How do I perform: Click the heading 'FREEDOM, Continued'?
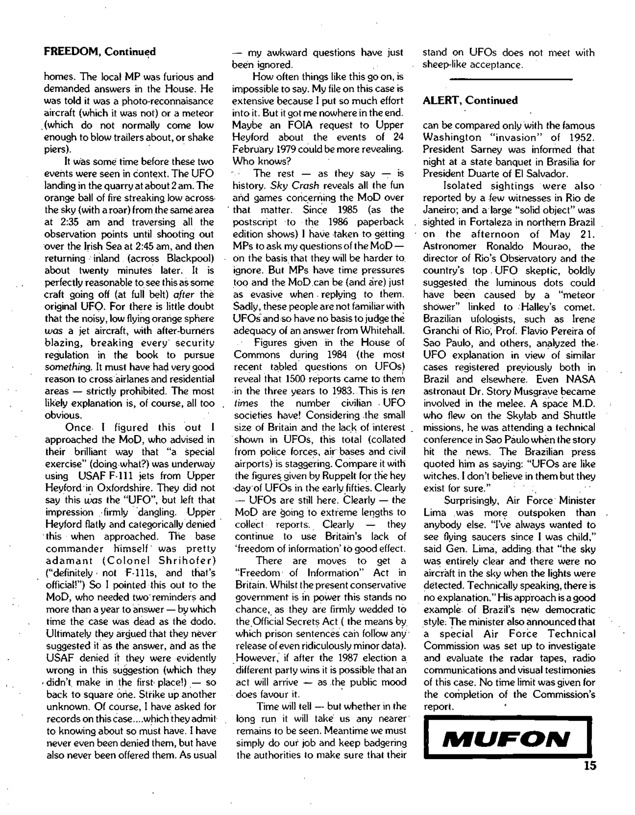coord(100,51)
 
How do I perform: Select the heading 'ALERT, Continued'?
coord(470,100)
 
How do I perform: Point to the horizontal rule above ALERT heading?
coord(511,79)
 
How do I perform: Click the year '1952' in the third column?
coord(581,138)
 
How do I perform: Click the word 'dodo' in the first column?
coord(204,622)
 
